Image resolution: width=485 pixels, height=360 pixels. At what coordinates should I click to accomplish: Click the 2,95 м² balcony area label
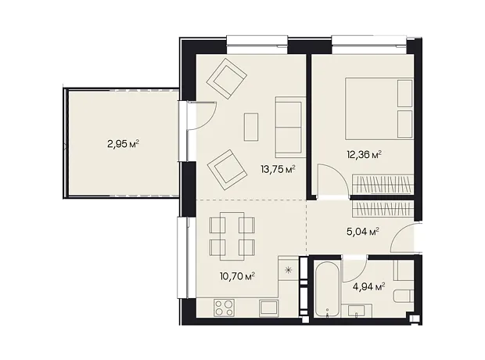[123, 144]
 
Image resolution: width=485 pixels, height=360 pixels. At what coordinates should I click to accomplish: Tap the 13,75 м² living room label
[278, 169]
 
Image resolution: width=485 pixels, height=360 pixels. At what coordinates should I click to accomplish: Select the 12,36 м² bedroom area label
[364, 154]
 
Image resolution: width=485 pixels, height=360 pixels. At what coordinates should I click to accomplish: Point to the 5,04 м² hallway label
[363, 231]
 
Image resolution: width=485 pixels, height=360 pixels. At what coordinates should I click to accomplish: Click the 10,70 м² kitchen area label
[237, 275]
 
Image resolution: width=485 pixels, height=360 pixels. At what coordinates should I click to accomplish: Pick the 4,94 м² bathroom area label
[369, 287]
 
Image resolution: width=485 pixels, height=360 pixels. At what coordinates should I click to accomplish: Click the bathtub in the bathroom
[327, 290]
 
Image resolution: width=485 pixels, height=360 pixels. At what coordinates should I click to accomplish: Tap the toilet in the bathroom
[404, 297]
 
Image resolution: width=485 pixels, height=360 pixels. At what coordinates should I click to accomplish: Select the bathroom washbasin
[357, 311]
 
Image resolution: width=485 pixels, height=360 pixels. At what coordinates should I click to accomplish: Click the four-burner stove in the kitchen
[224, 308]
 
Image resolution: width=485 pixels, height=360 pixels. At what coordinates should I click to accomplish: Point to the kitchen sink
[268, 308]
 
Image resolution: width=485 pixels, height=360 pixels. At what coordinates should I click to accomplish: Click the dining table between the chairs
[232, 236]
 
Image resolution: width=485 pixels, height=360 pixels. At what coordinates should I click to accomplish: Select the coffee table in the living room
[251, 128]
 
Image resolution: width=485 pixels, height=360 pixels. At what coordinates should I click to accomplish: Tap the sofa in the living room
[289, 128]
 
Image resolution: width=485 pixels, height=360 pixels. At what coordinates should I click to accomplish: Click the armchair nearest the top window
[227, 77]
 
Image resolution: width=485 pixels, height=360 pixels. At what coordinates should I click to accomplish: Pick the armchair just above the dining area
[227, 170]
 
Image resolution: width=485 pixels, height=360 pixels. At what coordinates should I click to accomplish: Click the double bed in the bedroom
[379, 108]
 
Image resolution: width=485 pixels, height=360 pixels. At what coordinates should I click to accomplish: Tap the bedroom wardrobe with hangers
[383, 184]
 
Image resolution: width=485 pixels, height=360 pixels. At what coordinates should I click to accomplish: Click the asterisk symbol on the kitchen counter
[289, 271]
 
